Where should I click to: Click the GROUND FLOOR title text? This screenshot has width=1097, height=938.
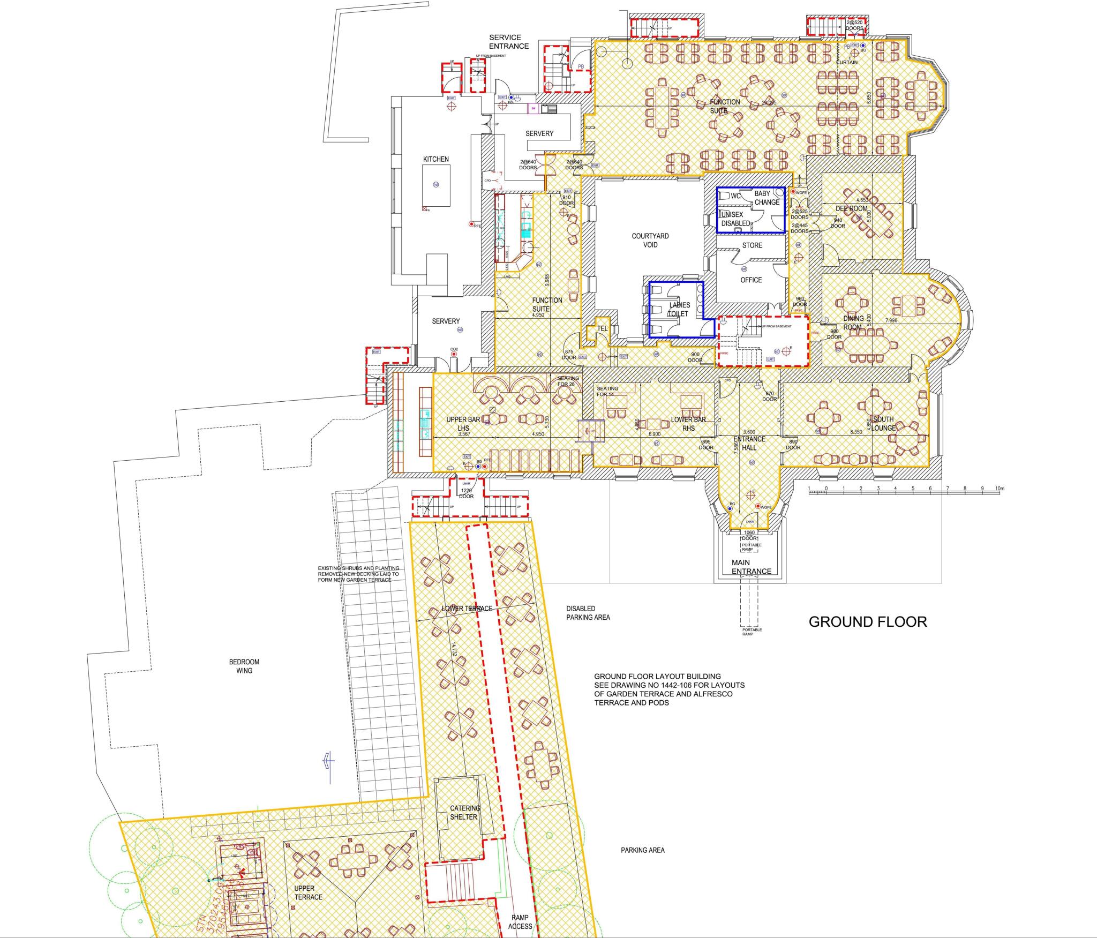tap(867, 622)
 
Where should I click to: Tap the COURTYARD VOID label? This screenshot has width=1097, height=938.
tap(650, 241)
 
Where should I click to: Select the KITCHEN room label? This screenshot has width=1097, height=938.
tap(436, 159)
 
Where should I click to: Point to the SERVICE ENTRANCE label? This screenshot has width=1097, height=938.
tap(508, 42)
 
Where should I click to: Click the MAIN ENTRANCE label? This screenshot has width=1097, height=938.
tap(751, 567)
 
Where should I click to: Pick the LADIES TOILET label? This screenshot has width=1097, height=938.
tap(679, 309)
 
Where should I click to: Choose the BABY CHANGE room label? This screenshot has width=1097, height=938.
tap(766, 198)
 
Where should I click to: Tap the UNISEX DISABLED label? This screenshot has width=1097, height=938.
tap(735, 219)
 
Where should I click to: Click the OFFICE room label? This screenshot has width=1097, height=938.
tap(751, 280)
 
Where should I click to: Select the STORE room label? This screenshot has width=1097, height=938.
tap(752, 245)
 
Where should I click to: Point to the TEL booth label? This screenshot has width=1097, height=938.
tap(602, 328)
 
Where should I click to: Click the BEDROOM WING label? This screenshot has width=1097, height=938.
tap(244, 666)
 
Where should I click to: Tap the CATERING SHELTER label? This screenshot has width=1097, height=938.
tap(464, 813)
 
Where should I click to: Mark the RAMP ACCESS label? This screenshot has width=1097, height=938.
tap(520, 922)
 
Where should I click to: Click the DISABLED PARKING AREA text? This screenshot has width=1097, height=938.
tap(588, 613)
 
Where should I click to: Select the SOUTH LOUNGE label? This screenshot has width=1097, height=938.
tap(883, 423)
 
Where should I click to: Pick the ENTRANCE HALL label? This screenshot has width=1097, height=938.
tap(749, 443)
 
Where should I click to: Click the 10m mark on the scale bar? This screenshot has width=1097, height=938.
tap(998, 489)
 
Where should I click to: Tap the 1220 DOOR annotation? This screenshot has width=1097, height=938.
tap(466, 493)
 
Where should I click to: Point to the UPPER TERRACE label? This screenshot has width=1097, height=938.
tap(309, 892)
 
